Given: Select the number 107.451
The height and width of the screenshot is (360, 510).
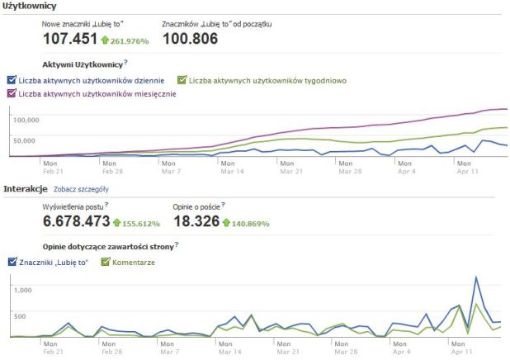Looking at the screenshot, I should click(x=70, y=38).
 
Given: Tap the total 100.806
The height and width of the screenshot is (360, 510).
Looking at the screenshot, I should click(x=191, y=38).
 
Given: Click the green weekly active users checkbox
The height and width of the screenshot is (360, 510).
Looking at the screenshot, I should click(x=182, y=80).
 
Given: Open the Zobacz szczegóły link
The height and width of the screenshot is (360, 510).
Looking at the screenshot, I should click(x=81, y=189).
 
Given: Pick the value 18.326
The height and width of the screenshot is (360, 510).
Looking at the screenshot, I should click(x=196, y=222).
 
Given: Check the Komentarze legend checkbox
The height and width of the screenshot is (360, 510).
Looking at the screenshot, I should click(x=105, y=262).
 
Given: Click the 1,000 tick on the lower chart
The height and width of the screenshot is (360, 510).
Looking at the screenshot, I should click(x=22, y=290).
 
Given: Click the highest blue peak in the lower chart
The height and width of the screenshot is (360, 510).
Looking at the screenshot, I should click(x=476, y=277).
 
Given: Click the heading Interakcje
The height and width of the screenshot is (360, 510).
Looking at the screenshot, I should click(x=24, y=188).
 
